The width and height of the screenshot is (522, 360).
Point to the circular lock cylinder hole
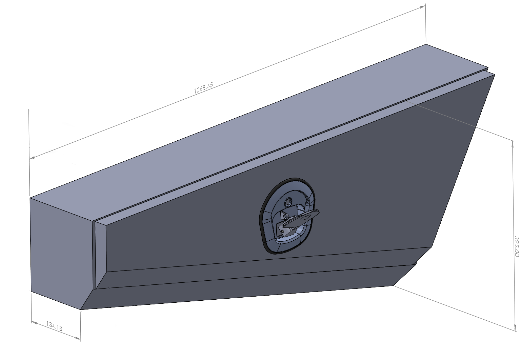[x=288, y=202]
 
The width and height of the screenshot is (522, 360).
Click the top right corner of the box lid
[x=426, y=44]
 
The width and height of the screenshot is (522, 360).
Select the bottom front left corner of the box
[x=81, y=309]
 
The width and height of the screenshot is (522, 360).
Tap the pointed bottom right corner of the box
[x=394, y=285]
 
